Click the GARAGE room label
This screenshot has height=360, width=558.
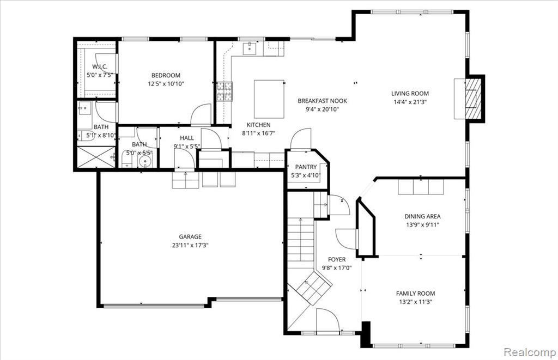click(x=190, y=236)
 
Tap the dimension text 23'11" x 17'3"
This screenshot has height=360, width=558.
click(x=190, y=245)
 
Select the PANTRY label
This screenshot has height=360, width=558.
click(x=306, y=167)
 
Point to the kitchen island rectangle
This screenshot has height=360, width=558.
click(x=269, y=99)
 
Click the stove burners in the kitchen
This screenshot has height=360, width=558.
click(x=225, y=91)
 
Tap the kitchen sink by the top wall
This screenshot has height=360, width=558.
click(x=251, y=48)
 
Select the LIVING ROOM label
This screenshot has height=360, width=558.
click(x=410, y=94)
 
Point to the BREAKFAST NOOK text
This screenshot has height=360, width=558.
click(x=323, y=101)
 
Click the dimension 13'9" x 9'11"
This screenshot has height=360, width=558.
click(x=422, y=225)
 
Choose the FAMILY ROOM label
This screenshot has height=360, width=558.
click(x=415, y=294)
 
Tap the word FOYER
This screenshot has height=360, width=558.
click(x=337, y=260)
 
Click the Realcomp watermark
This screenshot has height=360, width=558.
click(x=530, y=352)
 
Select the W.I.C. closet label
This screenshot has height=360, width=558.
click(x=100, y=67)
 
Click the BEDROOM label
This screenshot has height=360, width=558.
click(x=166, y=75)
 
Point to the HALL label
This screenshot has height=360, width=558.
click(x=187, y=138)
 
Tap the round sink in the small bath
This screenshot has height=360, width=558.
click(x=145, y=162)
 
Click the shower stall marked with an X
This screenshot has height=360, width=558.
click(x=96, y=157)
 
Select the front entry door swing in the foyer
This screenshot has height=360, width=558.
click(x=327, y=320)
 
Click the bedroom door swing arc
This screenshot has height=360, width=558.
click(x=201, y=114)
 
